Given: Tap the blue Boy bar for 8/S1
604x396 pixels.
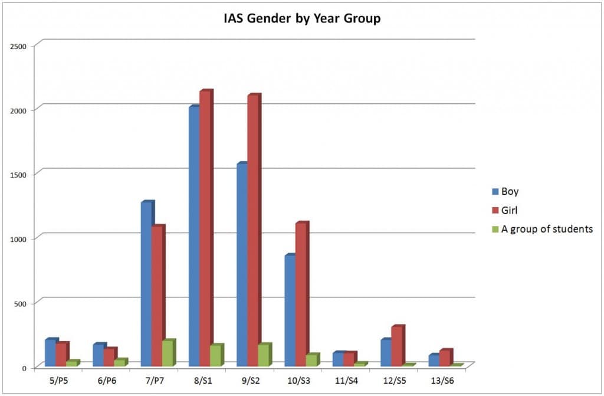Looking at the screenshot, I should tap(193, 237).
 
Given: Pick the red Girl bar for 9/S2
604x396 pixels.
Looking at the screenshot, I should tap(252, 231).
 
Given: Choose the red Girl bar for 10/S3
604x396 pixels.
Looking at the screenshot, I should tap(301, 295).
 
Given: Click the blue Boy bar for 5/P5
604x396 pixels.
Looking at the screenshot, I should tap(50, 353).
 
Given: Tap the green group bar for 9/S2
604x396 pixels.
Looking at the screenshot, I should tap(264, 355).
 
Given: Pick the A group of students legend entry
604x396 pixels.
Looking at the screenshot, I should tap(546, 229).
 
